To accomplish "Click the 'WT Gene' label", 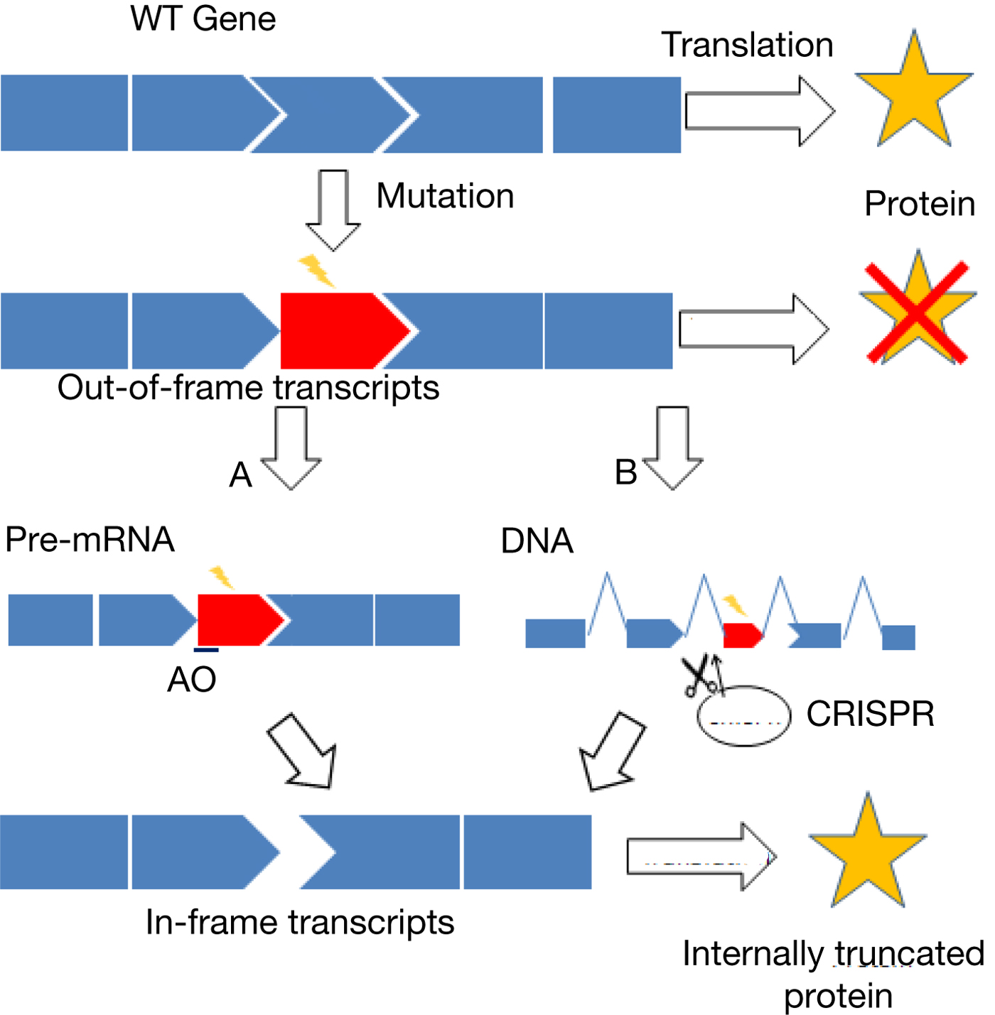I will click(x=203, y=18).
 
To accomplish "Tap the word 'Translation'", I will click(x=747, y=45).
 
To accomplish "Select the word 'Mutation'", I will click(x=445, y=197).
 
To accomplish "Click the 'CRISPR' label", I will click(x=870, y=714).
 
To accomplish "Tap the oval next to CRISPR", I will click(x=744, y=715).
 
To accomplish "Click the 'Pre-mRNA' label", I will click(x=90, y=540).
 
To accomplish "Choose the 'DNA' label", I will click(x=537, y=541).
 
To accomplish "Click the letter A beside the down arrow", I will click(x=240, y=475).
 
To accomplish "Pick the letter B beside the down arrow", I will click(x=625, y=473).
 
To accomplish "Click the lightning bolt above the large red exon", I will click(x=317, y=271).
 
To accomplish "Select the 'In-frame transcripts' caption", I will click(x=300, y=923).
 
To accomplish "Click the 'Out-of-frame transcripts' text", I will click(x=249, y=389).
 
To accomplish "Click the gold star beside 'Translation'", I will click(x=913, y=92).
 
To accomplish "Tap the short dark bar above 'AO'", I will click(x=206, y=649).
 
